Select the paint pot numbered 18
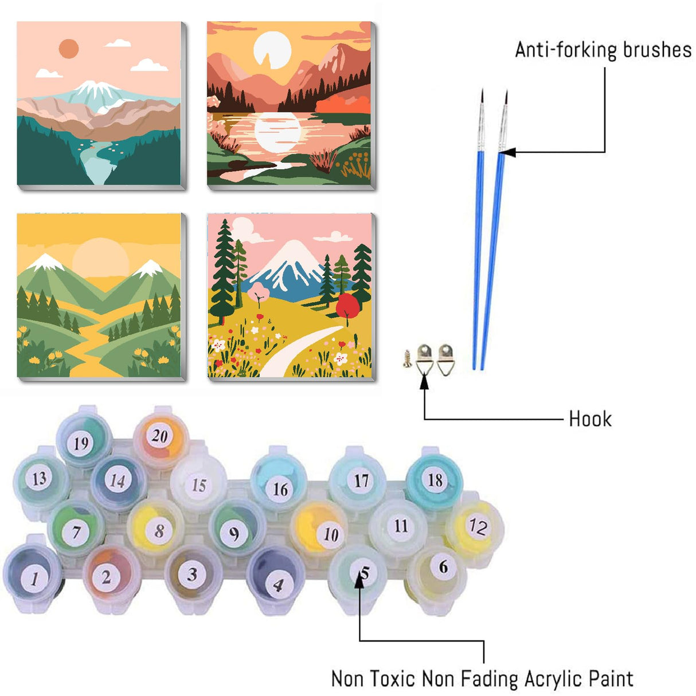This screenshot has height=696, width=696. tap(434, 479)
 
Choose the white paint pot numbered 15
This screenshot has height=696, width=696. tap(198, 484)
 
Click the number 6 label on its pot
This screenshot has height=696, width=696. tap(443, 567)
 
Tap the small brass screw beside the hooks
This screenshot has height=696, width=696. tap(408, 359)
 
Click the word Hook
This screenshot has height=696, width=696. tap(590, 419)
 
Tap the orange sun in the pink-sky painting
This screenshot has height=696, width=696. tap(69, 49)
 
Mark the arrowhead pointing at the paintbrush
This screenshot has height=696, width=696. tap(507, 153)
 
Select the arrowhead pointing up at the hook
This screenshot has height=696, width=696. tap(424, 382)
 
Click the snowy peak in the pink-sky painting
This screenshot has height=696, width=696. tap(95, 88)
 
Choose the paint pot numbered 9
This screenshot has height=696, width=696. tap(234, 531)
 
